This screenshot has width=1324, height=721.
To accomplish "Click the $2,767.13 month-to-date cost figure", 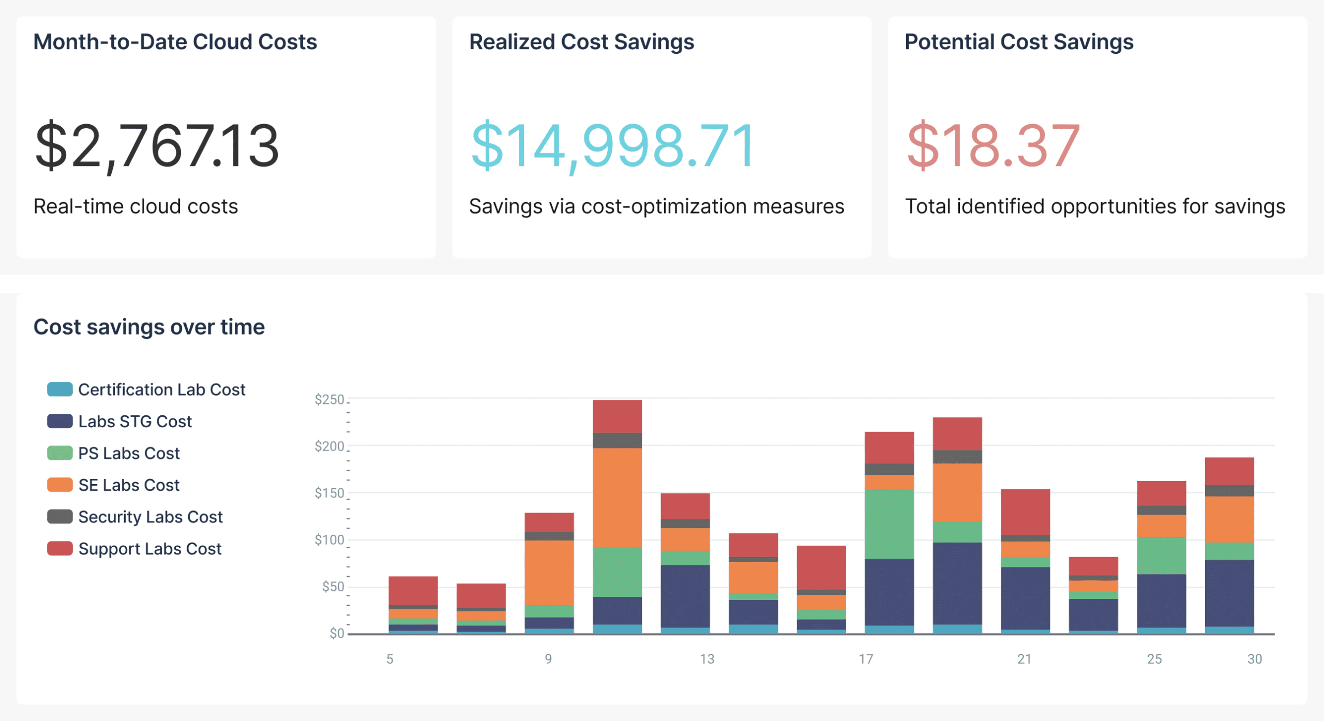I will tap(157, 146).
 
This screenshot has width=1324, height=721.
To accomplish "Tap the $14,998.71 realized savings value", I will tap(612, 146).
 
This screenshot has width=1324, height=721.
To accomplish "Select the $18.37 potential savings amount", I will tap(993, 146).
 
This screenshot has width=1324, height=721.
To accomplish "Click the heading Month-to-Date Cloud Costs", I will tap(175, 42).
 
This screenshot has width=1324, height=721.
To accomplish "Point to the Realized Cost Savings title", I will tap(581, 42).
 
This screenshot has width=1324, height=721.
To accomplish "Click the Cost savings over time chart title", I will tap(149, 327).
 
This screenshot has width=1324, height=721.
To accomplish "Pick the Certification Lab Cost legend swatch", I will tap(59, 389).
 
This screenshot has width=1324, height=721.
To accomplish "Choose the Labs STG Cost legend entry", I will tap(134, 422).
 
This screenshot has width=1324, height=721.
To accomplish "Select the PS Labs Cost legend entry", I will tap(128, 454).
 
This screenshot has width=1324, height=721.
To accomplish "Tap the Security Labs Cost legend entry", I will tap(150, 517).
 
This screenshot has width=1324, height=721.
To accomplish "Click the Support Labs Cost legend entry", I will tap(149, 549).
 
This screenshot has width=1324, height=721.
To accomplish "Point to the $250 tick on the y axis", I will tap(329, 399).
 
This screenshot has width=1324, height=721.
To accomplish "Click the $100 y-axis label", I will tap(329, 540).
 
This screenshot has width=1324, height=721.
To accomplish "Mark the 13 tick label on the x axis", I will tap(707, 659).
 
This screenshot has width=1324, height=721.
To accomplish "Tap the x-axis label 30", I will tap(1255, 659).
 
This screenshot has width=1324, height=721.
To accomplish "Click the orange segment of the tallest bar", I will tap(617, 498).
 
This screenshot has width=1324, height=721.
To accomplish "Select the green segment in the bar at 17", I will tap(889, 523).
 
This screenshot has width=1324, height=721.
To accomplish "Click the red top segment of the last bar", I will tap(1229, 471).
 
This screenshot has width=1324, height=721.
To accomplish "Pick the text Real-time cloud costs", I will tap(136, 206).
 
